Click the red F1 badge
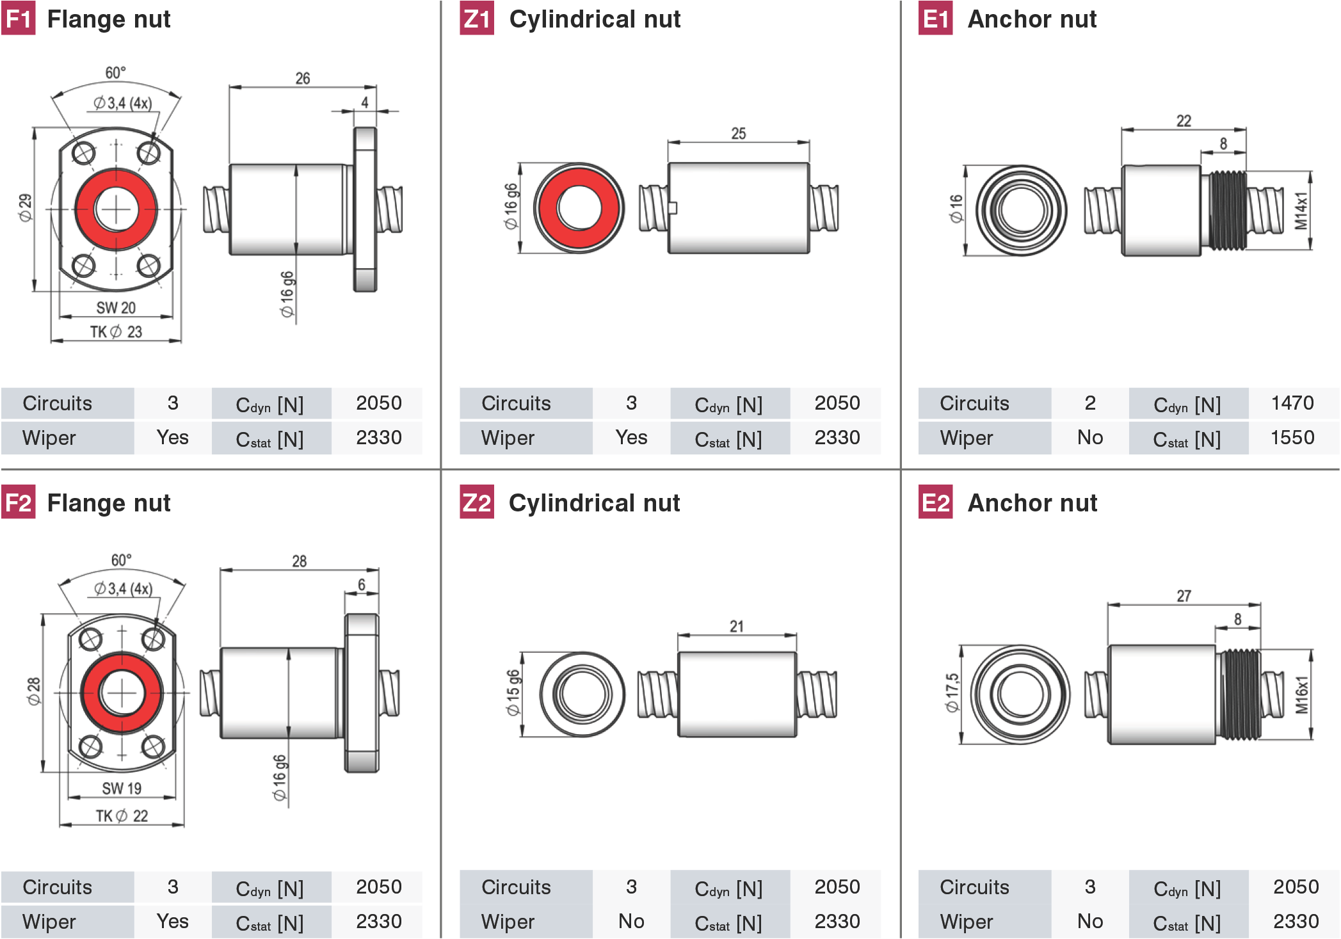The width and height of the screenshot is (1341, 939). tap(18, 19)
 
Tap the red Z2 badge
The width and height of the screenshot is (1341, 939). tap(477, 502)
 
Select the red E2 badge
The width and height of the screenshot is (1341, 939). tap(935, 502)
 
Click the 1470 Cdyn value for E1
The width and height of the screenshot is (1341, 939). tap(1292, 403)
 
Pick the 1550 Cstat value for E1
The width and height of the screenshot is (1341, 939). tap(1292, 437)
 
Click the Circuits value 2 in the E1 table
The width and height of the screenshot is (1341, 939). tap(1090, 403)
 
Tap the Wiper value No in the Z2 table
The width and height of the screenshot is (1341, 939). tap(631, 921)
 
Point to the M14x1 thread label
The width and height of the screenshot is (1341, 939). tap(1301, 211)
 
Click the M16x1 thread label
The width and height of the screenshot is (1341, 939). tap(1301, 695)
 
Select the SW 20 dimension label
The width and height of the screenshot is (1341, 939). tap(116, 308)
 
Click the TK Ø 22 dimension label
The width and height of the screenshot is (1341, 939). tap(122, 815)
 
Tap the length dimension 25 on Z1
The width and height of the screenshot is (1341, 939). tap(738, 133)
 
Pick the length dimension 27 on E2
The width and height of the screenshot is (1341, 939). tap(1184, 596)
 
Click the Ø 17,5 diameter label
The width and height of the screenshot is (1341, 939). tap(952, 693)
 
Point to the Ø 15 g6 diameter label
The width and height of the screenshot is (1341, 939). tap(513, 693)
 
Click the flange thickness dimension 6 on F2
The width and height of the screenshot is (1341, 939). tap(362, 584)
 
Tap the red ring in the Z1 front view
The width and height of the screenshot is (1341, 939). tap(579, 207)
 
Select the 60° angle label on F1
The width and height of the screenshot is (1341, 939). tap(115, 72)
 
